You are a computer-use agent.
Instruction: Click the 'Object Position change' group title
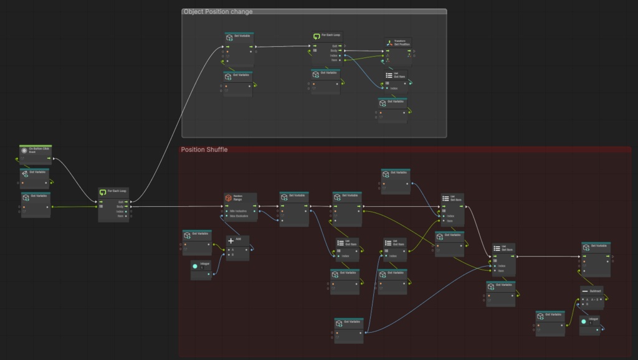[x=218, y=12]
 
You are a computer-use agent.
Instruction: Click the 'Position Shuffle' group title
[x=204, y=149]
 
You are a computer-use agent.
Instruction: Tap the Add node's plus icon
[x=231, y=240]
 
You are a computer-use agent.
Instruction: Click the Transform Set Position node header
[x=399, y=43]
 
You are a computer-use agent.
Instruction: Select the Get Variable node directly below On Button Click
[x=34, y=172]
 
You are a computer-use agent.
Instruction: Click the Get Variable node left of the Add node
[x=197, y=235]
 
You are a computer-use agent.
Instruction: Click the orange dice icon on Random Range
[x=229, y=198]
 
